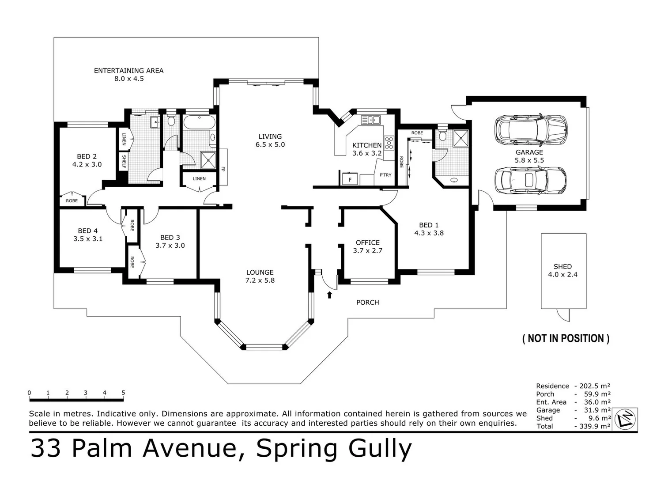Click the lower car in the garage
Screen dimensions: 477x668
530,181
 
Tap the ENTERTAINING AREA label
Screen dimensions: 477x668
128,71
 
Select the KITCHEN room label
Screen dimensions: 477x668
366,145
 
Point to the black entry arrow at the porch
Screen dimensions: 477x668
329,295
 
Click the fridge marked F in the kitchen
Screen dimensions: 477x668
350,179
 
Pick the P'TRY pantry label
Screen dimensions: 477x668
385,175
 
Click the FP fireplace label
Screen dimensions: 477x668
223,169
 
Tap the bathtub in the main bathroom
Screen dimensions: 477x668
199,122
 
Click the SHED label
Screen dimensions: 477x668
562,266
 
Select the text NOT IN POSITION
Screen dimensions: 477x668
566,339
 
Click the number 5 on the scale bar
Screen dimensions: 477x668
123,393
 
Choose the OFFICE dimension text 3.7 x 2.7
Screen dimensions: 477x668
367,250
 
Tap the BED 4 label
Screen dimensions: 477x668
87,231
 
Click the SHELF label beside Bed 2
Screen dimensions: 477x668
124,162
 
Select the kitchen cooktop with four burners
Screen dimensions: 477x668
389,143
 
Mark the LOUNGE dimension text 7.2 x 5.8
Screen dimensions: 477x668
260,280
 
